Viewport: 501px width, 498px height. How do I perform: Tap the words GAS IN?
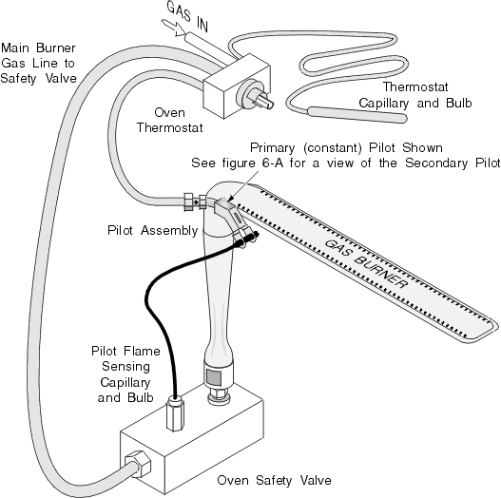[x=188, y=16]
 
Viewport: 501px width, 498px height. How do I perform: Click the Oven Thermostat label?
[x=169, y=120]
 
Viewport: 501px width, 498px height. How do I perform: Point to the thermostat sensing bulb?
[x=357, y=114]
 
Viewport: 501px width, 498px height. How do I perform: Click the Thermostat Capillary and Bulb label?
[x=415, y=95]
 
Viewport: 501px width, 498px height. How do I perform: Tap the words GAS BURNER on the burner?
[x=366, y=263]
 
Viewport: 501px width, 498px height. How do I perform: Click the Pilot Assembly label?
[x=152, y=230]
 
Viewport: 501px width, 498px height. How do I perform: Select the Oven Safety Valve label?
[x=274, y=480]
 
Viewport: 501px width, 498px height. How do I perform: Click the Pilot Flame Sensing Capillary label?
[x=125, y=374]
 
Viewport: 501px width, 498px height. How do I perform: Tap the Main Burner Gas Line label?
[x=38, y=63]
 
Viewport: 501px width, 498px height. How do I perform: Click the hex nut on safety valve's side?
[x=138, y=464]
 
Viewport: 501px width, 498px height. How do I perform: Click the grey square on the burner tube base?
[x=214, y=377]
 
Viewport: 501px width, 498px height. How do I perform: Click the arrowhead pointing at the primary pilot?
[x=231, y=198]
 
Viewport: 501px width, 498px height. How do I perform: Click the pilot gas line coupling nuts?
[x=195, y=201]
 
